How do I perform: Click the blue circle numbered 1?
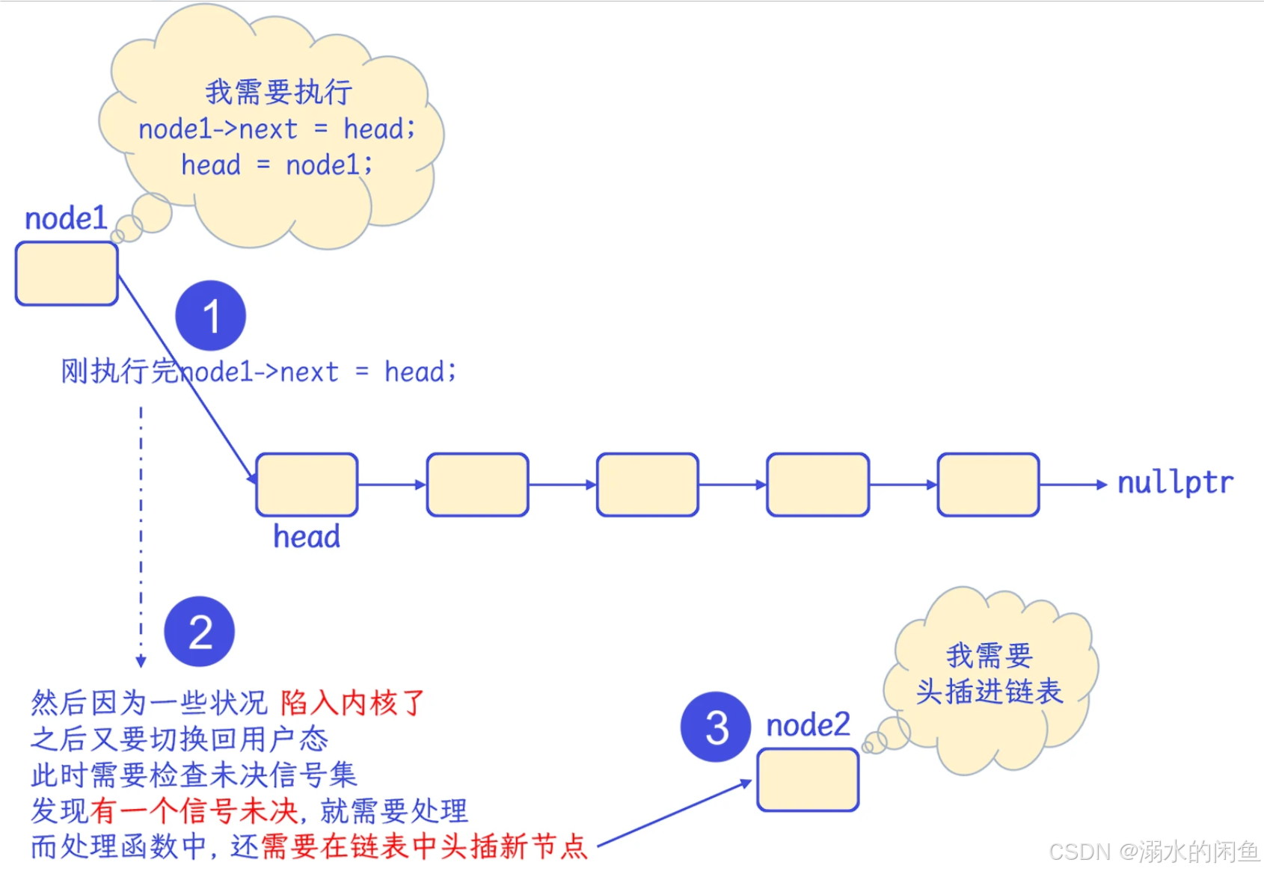click(x=210, y=316)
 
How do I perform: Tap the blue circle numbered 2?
click(x=199, y=632)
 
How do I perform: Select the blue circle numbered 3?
click(x=716, y=727)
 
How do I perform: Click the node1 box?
click(x=67, y=274)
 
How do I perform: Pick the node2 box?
click(x=808, y=780)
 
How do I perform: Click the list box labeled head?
click(x=307, y=484)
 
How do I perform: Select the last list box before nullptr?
click(x=988, y=484)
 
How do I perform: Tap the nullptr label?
click(x=1175, y=483)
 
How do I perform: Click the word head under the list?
click(x=307, y=537)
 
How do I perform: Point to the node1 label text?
click(x=66, y=219)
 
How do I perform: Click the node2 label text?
click(x=808, y=725)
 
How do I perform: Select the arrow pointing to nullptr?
click(x=1073, y=484)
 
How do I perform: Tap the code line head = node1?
click(x=277, y=164)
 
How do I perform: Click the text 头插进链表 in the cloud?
click(x=989, y=692)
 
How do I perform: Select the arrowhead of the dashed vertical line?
click(x=141, y=661)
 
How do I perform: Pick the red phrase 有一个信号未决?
click(x=194, y=810)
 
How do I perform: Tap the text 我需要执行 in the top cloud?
click(x=278, y=92)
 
